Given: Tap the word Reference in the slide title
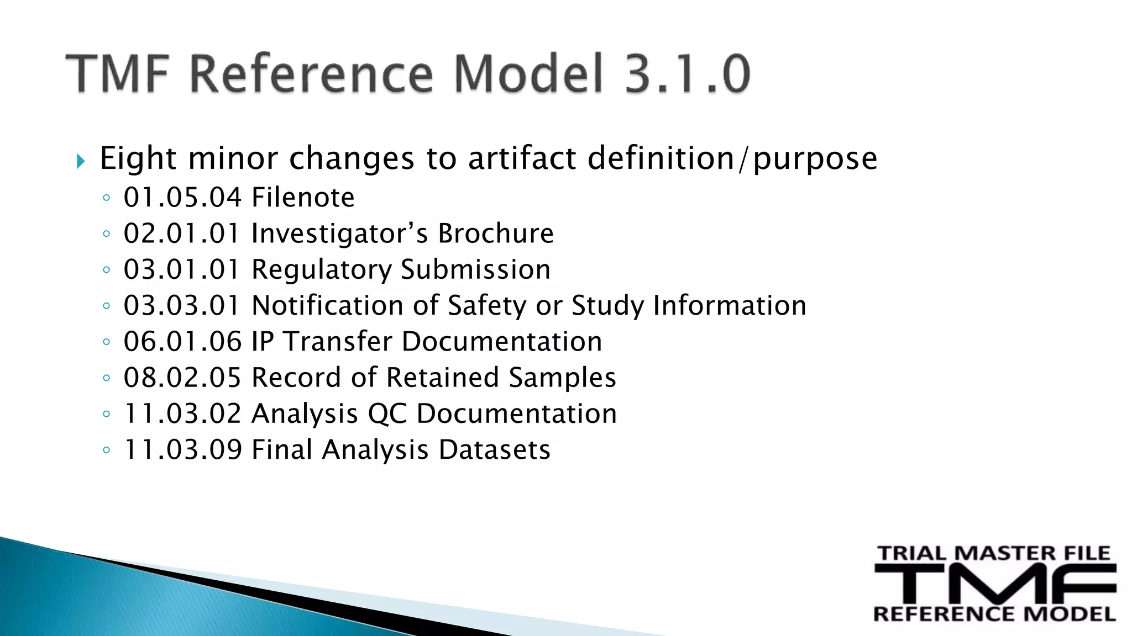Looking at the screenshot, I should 311,73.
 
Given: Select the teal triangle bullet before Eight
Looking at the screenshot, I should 81,161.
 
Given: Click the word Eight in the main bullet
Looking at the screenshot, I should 138,158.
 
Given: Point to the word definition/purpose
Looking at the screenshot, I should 732,158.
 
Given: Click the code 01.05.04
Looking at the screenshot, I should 182,198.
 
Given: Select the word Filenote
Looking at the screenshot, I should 302,198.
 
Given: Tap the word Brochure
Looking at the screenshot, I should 495,234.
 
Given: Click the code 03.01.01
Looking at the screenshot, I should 182,269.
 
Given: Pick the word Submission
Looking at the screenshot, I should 475,269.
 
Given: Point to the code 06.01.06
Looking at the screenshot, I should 182,342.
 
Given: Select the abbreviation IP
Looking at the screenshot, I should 263,342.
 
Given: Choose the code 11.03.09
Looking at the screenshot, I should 182,450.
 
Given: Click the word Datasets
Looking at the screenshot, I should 494,450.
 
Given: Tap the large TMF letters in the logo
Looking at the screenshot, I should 995,584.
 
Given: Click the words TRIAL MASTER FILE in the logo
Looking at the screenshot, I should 994,553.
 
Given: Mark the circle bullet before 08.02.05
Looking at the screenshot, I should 107,379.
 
